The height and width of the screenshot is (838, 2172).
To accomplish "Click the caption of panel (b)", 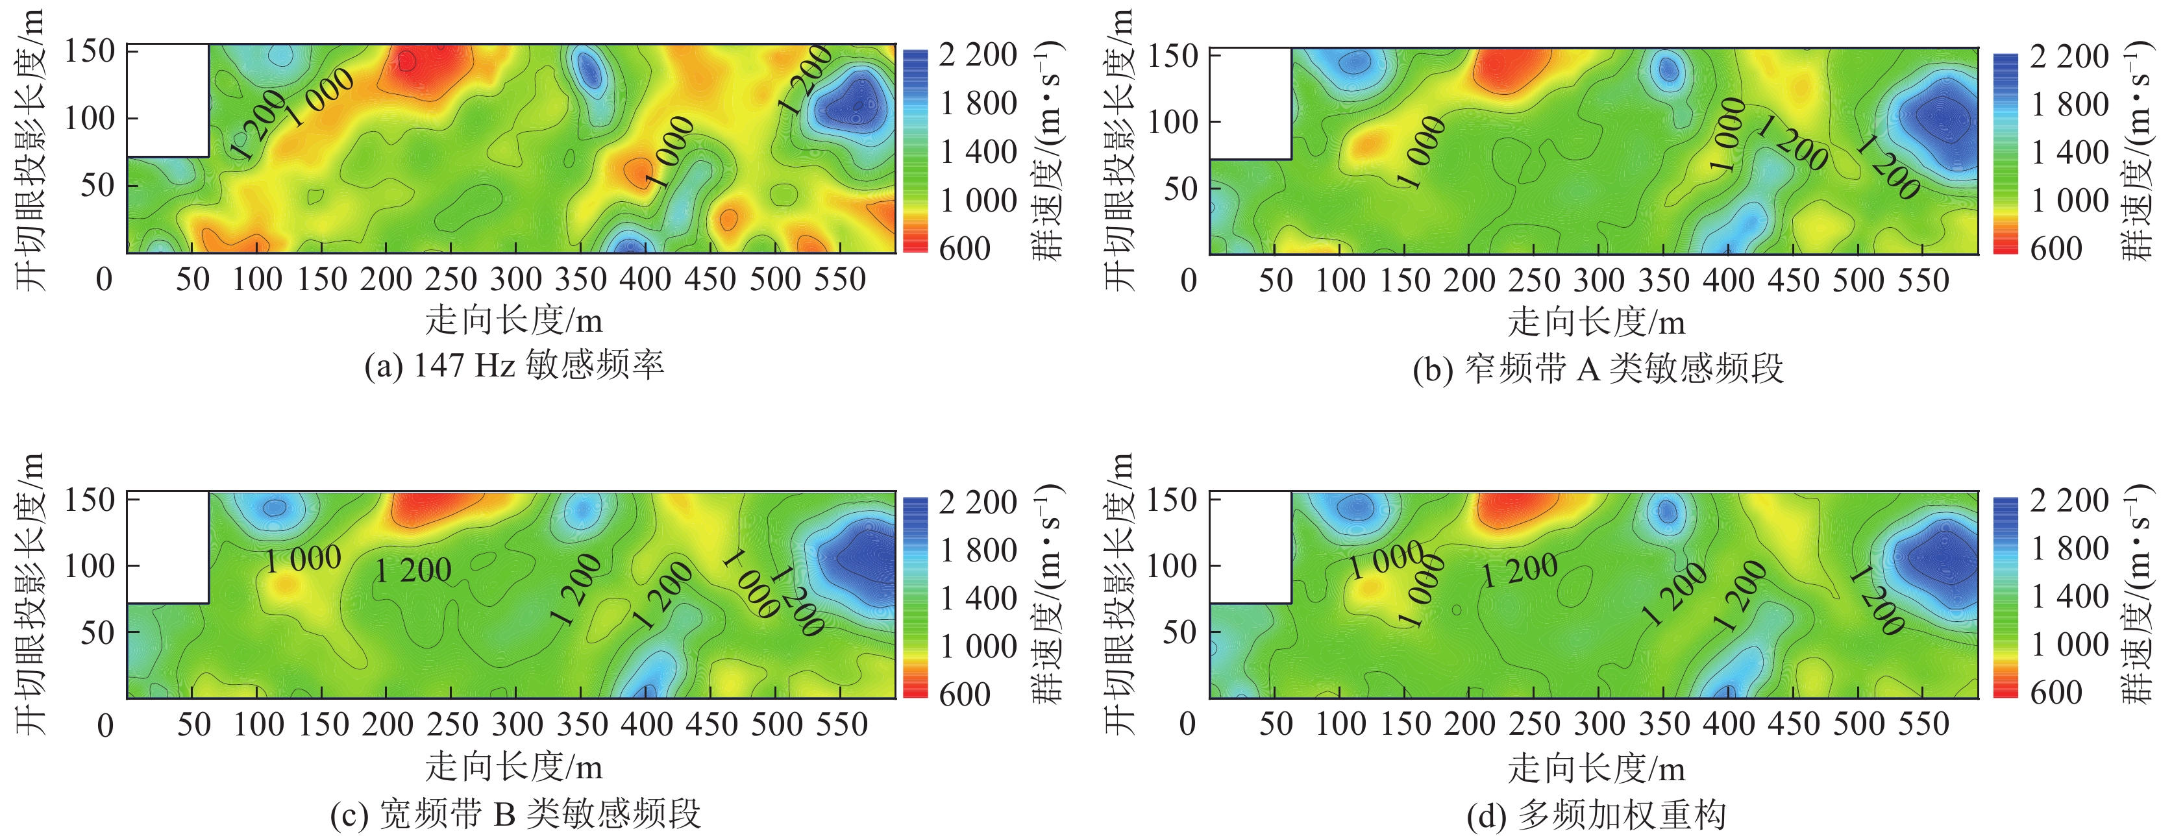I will (1598, 369).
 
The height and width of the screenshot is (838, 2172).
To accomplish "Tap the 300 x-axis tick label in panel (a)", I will (515, 279).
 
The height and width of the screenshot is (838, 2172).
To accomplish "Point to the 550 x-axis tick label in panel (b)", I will (1923, 280).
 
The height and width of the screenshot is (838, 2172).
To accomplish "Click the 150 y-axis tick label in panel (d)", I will (1172, 500).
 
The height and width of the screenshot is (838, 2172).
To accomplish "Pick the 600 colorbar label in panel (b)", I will (2056, 249).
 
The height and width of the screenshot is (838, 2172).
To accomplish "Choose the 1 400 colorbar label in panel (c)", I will (978, 598).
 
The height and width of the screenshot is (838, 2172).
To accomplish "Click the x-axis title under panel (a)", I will (513, 321).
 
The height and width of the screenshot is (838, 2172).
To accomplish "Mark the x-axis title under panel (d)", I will (1596, 768).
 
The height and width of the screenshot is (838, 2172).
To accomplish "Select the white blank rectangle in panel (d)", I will (1250, 547).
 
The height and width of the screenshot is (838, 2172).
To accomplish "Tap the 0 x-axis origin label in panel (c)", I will (105, 725).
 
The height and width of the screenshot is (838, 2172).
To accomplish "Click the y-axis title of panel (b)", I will (1120, 152).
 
